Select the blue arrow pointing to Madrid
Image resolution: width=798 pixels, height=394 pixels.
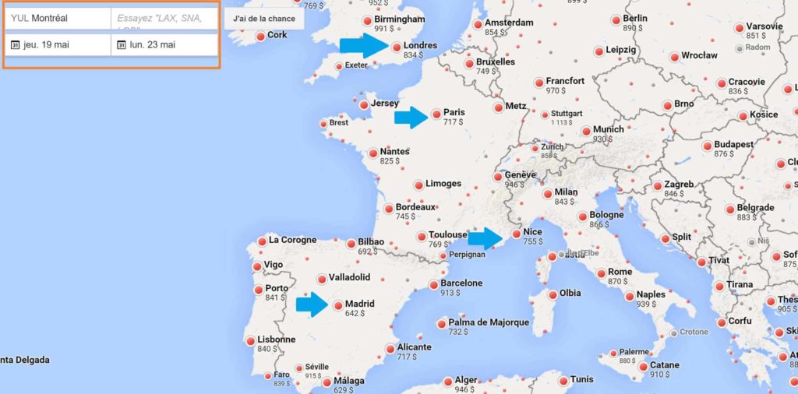pyautogui.click(x=312, y=305)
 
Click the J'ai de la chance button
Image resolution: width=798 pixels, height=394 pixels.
pyautogui.click(x=264, y=18)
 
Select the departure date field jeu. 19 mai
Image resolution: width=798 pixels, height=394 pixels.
pyautogui.click(x=58, y=45)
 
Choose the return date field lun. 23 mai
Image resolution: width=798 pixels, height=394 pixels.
pyautogui.click(x=164, y=45)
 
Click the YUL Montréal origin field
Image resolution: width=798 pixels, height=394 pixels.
pyautogui.click(x=58, y=18)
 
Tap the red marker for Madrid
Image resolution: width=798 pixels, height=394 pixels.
pyautogui.click(x=338, y=306)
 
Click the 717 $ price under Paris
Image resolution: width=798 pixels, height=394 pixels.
pyautogui.click(x=453, y=122)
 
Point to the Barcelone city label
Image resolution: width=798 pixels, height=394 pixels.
pyautogui.click(x=461, y=283)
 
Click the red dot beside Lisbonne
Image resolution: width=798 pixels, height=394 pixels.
pyautogui.click(x=250, y=341)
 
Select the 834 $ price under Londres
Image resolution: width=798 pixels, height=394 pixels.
pyautogui.click(x=413, y=56)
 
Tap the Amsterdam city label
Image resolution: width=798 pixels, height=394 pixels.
pyautogui.click(x=509, y=23)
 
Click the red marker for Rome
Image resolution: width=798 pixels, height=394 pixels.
pyautogui.click(x=601, y=273)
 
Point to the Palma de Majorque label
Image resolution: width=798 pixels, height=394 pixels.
pyautogui.click(x=489, y=322)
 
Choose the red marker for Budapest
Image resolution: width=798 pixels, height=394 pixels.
pyautogui.click(x=708, y=146)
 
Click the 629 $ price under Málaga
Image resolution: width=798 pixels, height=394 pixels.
pyautogui.click(x=344, y=390)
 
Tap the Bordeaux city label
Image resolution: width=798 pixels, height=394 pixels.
pyautogui.click(x=415, y=207)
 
